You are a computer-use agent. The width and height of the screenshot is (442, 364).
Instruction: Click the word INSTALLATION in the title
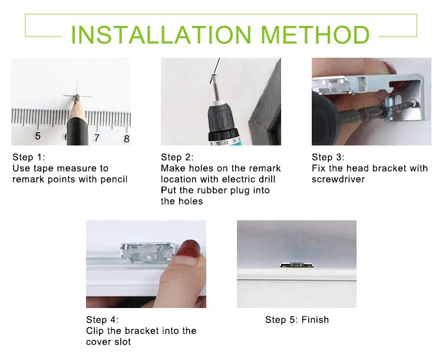[x=161, y=35]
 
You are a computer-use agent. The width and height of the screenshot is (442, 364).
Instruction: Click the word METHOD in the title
[x=315, y=35]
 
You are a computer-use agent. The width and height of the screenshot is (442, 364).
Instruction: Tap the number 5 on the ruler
[x=38, y=136]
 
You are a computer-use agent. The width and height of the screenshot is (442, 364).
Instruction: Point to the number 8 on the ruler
[x=127, y=138]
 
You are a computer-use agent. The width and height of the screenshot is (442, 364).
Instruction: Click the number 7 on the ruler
[x=97, y=137]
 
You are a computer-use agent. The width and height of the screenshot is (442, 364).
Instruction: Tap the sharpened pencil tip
[x=77, y=98]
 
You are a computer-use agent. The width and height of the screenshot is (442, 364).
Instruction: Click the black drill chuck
[x=223, y=118]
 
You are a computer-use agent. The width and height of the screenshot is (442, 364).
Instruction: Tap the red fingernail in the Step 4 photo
[x=191, y=247]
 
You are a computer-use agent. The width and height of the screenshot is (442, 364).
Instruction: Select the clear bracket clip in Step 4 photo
[x=149, y=251]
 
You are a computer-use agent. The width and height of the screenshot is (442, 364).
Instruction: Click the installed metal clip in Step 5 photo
[x=296, y=264]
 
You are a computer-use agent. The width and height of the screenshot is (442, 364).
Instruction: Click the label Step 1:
[x=29, y=157]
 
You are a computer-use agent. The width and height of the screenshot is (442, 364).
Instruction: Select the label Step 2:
[x=177, y=157]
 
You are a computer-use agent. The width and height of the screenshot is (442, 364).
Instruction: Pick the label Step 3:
[x=328, y=157]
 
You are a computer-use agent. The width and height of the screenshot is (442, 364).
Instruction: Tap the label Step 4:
[x=103, y=319]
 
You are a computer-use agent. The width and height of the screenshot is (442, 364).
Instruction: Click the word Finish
[x=315, y=319]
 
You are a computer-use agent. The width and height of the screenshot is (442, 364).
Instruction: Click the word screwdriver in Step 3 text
[x=338, y=179]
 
